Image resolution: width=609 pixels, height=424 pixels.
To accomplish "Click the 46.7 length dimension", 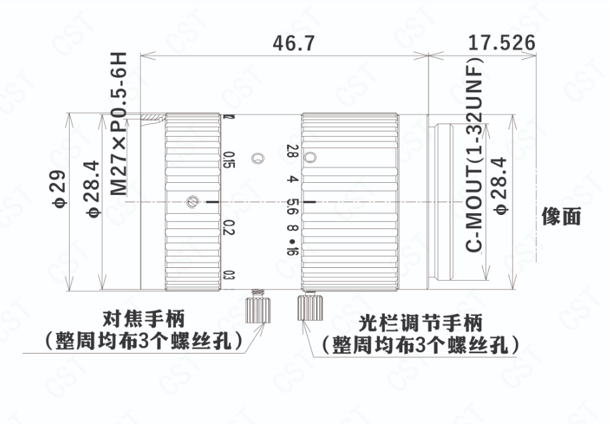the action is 293,43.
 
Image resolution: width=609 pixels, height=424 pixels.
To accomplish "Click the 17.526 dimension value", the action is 502,42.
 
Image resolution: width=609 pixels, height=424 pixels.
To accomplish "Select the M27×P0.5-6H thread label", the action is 118,124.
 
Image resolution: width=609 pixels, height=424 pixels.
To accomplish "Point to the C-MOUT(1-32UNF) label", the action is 474,155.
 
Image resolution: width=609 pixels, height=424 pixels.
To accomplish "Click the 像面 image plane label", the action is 561,216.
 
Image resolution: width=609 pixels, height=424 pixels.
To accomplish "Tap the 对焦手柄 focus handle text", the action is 143,319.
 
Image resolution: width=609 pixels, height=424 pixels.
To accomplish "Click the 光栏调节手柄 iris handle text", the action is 420,324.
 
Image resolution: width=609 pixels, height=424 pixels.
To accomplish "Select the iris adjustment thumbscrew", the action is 311,306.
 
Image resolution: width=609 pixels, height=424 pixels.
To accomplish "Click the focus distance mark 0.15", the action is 230,159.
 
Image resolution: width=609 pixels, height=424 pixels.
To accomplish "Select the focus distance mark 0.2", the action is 230,227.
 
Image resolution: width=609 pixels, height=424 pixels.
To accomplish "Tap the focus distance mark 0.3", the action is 230,275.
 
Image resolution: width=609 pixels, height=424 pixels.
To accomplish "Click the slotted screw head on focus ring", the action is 193,202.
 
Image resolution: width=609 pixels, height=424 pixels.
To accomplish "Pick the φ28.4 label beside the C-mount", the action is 501,186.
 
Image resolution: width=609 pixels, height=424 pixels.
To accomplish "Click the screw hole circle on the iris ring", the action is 310,157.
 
